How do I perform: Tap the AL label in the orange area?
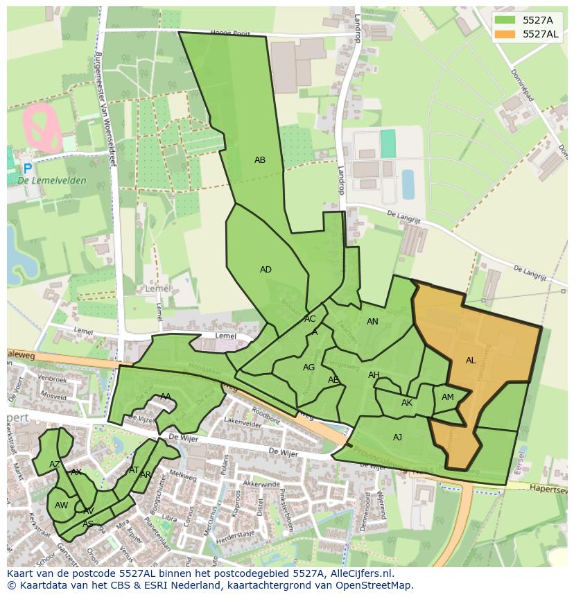(x=471, y=361)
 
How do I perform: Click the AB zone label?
(x=260, y=160)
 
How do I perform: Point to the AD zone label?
(x=266, y=270)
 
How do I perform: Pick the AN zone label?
(x=372, y=322)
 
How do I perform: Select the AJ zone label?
(x=397, y=438)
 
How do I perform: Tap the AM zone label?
(x=448, y=397)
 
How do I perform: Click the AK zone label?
(x=407, y=403)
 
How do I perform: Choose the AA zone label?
(x=166, y=397)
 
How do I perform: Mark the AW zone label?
(x=62, y=505)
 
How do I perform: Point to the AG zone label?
(x=309, y=367)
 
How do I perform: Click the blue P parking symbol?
(x=27, y=168)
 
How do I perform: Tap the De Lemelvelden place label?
(x=52, y=181)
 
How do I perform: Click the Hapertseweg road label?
(x=548, y=489)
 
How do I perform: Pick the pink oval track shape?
(x=43, y=127)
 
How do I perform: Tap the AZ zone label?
(x=55, y=464)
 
